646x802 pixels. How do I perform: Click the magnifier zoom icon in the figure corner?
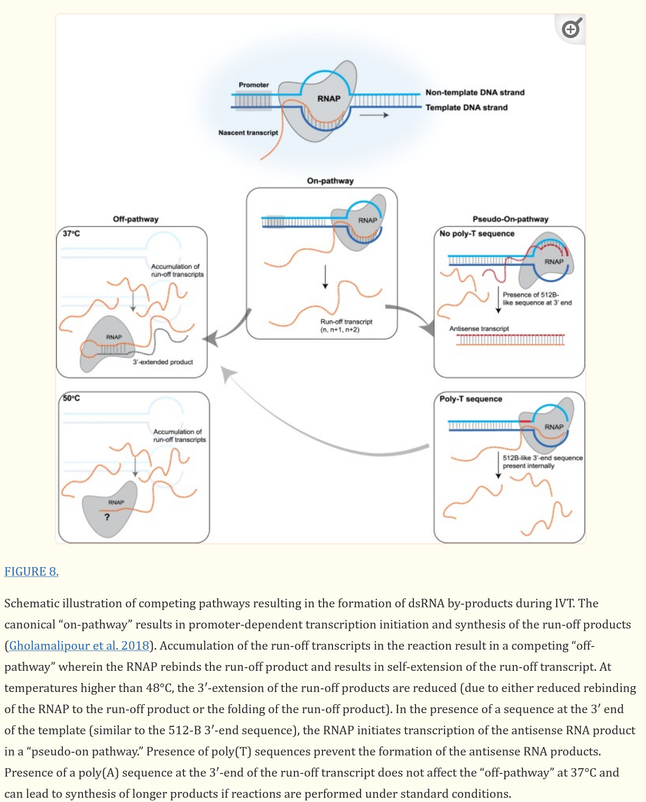pos(571,29)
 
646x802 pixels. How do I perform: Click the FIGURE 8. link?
pos(31,571)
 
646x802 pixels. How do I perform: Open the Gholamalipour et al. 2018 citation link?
pos(79,645)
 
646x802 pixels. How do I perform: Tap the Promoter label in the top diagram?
pos(254,85)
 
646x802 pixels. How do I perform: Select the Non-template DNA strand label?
pos(475,93)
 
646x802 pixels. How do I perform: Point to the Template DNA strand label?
pos(466,107)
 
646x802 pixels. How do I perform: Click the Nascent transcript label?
pos(248,133)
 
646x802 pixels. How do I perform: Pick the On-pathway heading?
pos(330,180)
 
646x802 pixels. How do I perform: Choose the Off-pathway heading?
pos(135,219)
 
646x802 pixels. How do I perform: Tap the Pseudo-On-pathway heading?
pos(510,219)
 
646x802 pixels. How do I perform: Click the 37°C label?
pos(71,233)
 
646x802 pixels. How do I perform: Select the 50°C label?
pos(71,398)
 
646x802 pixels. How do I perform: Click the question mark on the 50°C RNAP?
pos(107,517)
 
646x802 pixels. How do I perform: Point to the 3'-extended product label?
pos(163,362)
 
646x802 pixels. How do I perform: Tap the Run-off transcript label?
pos(346,322)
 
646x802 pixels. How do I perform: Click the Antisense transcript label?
pos(479,329)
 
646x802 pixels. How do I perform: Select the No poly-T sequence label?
pos(477,233)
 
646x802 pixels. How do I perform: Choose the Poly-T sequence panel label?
pos(470,399)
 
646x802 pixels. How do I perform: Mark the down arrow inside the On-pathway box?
pos(325,277)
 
